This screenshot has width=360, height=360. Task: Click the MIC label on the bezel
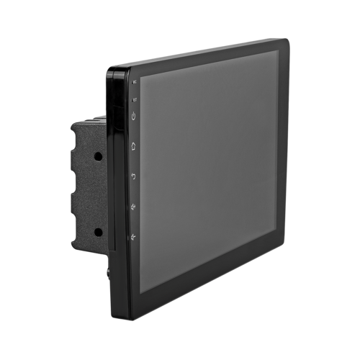pyautogui.click(x=134, y=83)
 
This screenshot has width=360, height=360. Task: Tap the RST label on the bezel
pyautogui.click(x=134, y=99)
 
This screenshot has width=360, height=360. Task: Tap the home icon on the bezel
pyautogui.click(x=134, y=145)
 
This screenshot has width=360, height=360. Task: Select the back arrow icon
pyautogui.click(x=134, y=176)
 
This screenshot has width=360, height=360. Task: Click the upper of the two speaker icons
pyautogui.click(x=134, y=207)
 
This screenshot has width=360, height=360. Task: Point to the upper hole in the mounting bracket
pyautogui.click(x=97, y=156)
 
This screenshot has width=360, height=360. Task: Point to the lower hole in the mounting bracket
pyautogui.click(x=97, y=232)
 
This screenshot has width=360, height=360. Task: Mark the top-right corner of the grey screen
pyautogui.click(x=279, y=50)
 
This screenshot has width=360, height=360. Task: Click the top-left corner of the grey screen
pyautogui.click(x=140, y=76)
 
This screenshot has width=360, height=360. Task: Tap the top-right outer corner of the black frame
pyautogui.click(x=289, y=39)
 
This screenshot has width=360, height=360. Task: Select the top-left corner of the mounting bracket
pyautogui.click(x=73, y=123)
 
